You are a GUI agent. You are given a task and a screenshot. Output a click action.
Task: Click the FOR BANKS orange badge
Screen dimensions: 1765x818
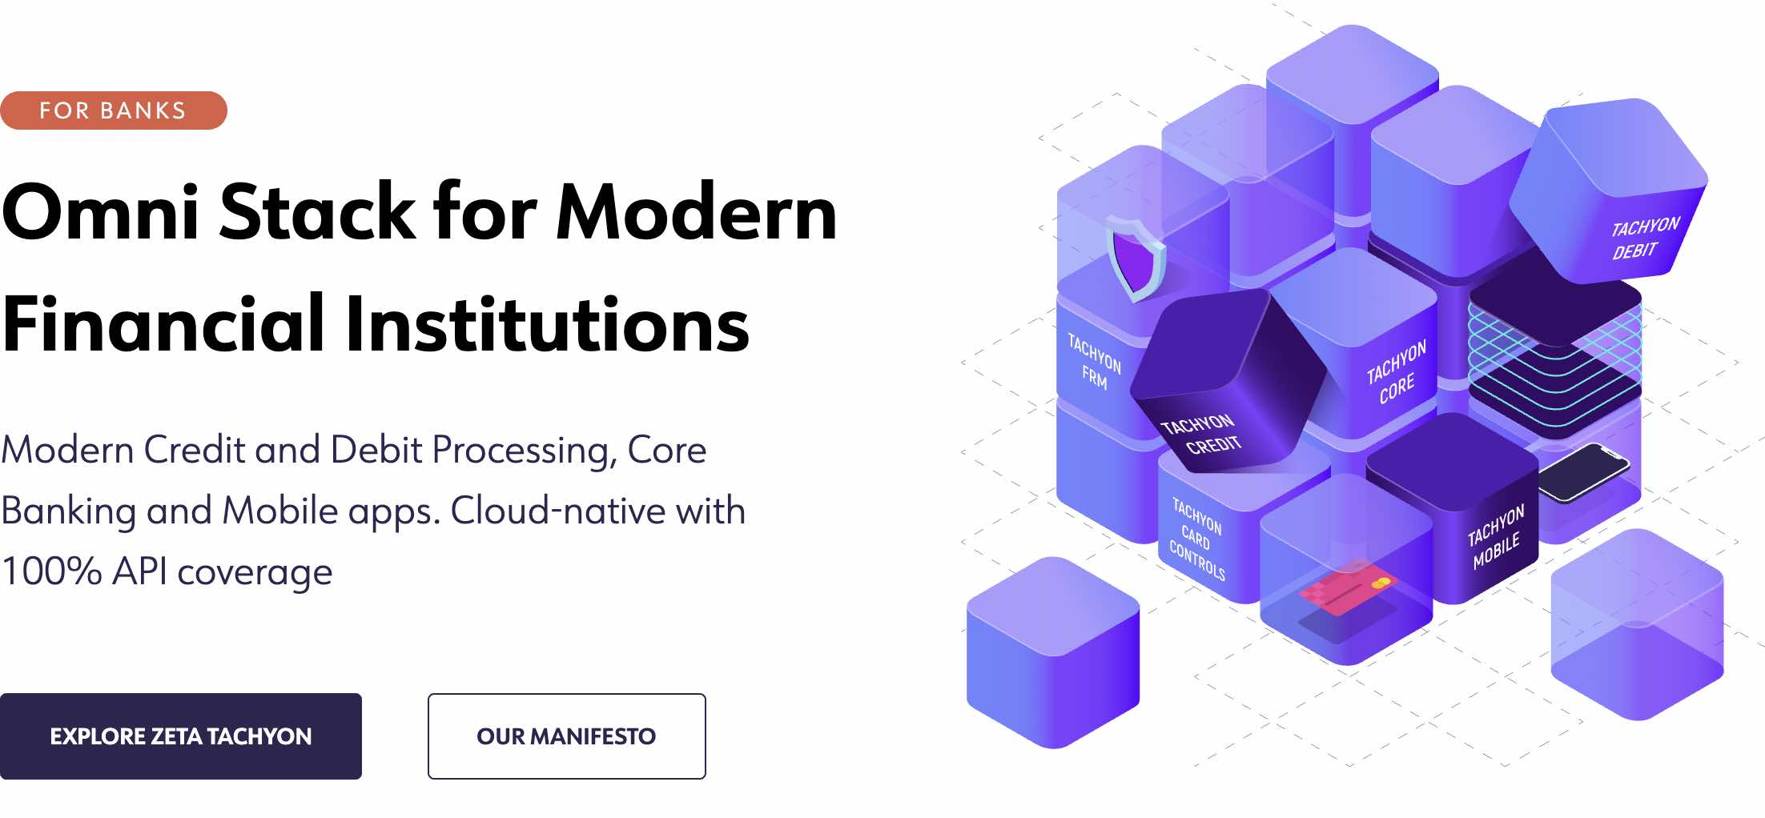point(114,110)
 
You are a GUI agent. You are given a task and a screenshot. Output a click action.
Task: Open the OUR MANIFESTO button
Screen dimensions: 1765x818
point(567,736)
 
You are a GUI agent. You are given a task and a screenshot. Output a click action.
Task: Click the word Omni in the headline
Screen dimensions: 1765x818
point(101,212)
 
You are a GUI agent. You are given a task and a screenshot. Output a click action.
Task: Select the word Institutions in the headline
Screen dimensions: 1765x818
point(547,323)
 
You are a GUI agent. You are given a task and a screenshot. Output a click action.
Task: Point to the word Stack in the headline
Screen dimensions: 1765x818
point(318,212)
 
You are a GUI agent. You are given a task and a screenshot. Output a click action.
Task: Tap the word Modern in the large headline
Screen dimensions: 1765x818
point(697,212)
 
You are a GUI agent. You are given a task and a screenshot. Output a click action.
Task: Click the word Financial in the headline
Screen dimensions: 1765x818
point(163,323)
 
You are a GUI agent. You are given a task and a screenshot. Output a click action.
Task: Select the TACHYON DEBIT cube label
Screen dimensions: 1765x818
point(1645,238)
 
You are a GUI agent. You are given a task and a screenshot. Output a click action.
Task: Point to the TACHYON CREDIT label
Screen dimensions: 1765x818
point(1201,434)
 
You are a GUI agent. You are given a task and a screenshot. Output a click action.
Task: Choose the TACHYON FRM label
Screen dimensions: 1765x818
point(1094,363)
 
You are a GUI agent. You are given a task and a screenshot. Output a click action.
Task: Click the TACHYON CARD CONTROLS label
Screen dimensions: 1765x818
point(1197,539)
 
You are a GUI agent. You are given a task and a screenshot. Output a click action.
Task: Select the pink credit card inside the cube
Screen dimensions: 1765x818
point(1348,588)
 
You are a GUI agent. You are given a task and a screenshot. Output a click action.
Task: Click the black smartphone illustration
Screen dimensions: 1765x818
point(1584,472)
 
